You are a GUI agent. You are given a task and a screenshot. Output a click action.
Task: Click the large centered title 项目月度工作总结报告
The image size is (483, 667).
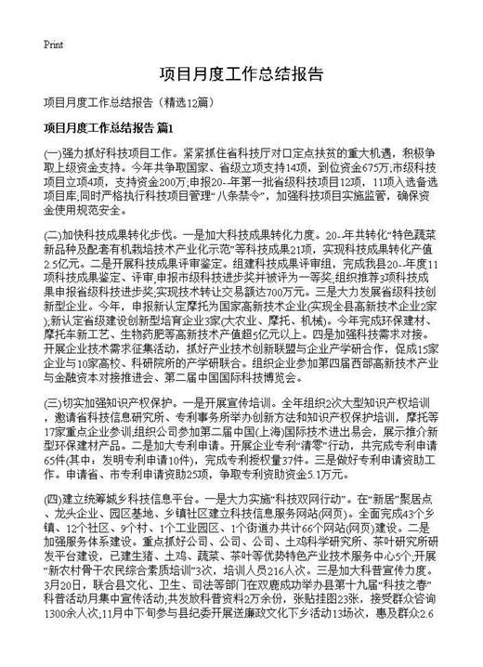coord(241,73)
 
